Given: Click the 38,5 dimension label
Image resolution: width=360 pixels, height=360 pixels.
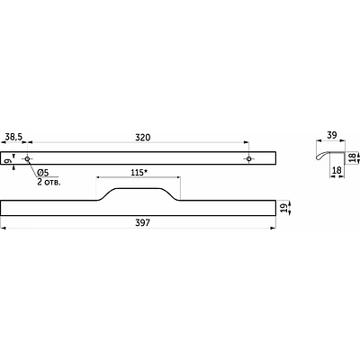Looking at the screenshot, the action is coord(13,137).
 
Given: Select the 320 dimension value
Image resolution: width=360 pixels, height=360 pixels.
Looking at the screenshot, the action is coord(142,138).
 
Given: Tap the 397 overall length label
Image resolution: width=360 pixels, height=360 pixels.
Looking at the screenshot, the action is coord(142,223).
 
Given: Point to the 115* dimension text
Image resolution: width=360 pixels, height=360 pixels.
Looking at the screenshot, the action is coord(139,173).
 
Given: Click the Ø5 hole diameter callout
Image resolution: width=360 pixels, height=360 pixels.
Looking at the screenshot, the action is coord(43,173).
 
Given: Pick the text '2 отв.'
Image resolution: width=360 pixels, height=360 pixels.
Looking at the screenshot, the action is coord(49,182).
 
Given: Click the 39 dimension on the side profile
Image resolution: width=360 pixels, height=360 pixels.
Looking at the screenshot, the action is coord(331,135).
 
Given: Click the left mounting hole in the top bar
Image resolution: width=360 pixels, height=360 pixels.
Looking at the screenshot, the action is coord(27,158).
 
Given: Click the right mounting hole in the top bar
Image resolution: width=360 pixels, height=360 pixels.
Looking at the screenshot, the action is coord(248,158).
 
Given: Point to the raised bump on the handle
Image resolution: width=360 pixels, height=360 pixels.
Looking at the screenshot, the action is coord(139,189).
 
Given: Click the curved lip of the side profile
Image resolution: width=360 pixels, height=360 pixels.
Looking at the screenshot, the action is coord(321,155).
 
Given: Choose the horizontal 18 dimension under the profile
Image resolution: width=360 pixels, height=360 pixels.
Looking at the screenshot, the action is coord(337,170).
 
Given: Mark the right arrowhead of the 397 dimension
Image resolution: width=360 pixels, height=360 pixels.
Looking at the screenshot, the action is coord(273,229).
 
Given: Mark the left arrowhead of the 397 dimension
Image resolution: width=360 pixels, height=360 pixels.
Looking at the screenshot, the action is coord(4,229).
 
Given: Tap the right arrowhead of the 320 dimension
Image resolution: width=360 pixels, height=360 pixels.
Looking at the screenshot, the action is coord(247,142).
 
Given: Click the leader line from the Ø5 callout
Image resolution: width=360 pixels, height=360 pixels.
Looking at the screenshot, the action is coord(33,167).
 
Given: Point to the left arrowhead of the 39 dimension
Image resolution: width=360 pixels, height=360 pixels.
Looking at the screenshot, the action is coord(319,140).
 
